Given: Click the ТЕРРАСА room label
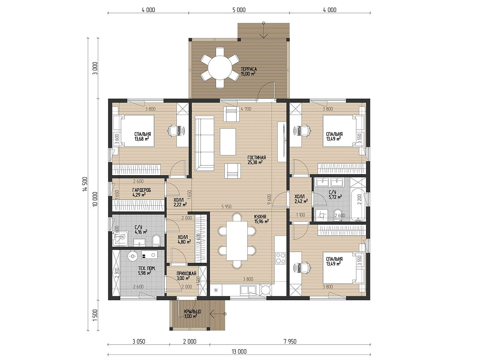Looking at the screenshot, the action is (249, 69).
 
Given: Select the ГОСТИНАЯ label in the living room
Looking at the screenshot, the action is (256, 157).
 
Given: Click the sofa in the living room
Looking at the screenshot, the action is (204, 144).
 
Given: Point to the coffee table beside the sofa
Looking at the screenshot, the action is (228, 142).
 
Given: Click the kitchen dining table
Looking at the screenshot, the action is (237, 241).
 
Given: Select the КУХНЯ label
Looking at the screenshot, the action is (260, 216).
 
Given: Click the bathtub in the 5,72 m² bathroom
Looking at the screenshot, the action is (358, 204).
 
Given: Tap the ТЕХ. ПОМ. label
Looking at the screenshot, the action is (147, 268).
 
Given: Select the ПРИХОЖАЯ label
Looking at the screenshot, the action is (186, 273).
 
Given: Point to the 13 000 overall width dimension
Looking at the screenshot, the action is (239, 352).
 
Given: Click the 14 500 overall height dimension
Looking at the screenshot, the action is (85, 184).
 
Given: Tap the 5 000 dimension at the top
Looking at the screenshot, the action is (239, 10).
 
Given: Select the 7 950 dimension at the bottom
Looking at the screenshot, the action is (290, 341).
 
